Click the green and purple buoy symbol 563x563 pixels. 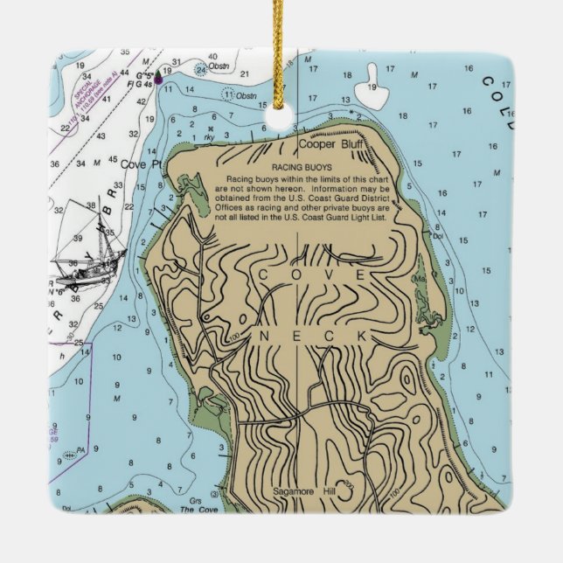click(158, 78)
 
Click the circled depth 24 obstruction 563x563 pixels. click(201, 68)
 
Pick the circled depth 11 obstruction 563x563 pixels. click(229, 94)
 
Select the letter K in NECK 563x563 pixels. click(358, 336)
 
